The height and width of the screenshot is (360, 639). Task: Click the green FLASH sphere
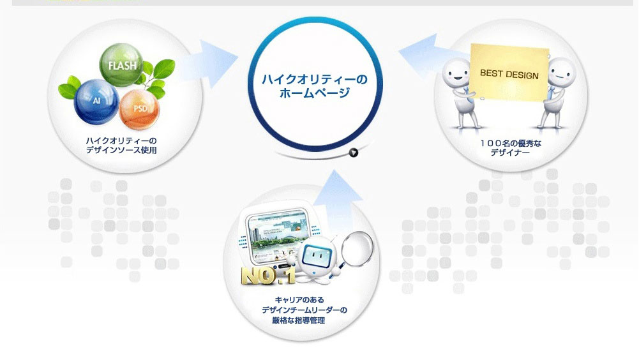(121, 64)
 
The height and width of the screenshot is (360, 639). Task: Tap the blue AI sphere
(96, 101)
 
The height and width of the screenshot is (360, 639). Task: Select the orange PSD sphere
(139, 109)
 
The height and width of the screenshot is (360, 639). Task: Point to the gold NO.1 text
(268, 276)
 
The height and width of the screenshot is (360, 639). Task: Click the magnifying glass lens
(357, 247)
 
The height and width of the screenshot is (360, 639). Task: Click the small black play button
(353, 153)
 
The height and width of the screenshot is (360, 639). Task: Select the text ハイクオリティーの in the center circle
(314, 79)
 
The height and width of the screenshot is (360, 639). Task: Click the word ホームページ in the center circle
(314, 93)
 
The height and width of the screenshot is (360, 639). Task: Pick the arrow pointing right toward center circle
(211, 64)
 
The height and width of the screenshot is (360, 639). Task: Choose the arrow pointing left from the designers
(428, 55)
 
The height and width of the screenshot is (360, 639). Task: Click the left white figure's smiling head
(456, 73)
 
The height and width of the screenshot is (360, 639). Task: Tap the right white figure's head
(562, 73)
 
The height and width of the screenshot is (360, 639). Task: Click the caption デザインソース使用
(121, 150)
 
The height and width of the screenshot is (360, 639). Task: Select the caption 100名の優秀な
(511, 144)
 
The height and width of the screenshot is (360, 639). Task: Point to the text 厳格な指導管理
(299, 320)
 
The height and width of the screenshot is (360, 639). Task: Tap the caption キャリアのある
(299, 299)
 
